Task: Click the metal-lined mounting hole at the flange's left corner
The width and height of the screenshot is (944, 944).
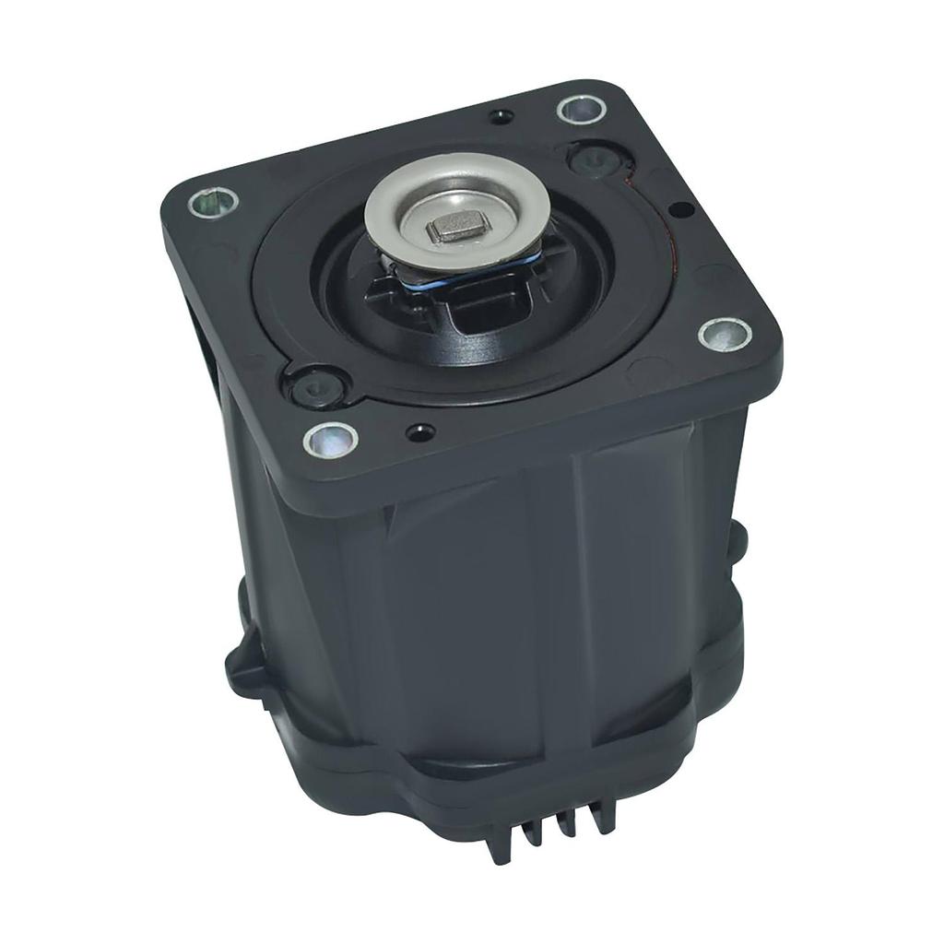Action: (x=213, y=202)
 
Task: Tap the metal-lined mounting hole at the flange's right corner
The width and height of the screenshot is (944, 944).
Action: (x=724, y=333)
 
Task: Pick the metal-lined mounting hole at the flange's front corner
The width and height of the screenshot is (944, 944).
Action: (x=328, y=437)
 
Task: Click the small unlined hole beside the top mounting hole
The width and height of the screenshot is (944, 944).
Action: (x=501, y=116)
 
